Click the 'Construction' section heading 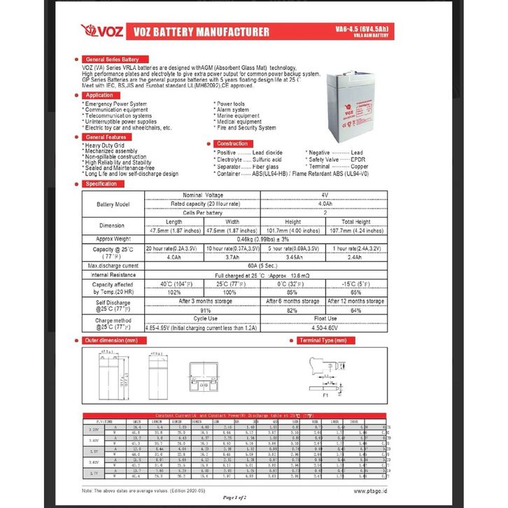point(232,143)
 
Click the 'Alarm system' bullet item point(232,110)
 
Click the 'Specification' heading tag point(101,183)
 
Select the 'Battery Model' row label point(113,204)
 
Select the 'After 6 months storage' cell point(293,301)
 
